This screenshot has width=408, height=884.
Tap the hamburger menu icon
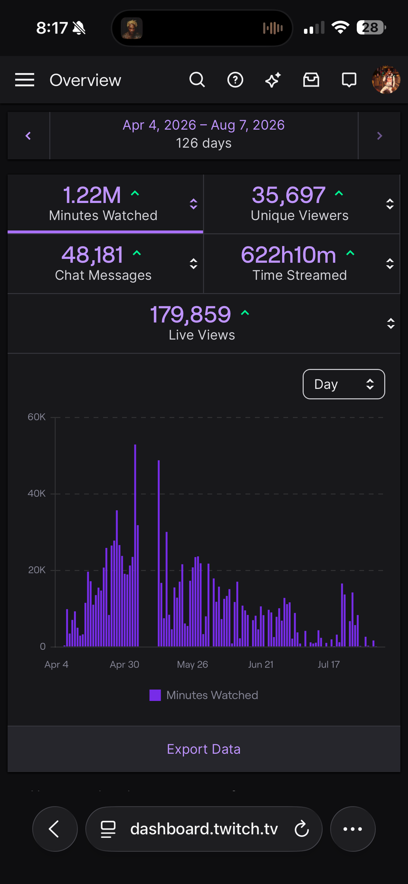25,80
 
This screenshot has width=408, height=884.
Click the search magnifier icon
197,80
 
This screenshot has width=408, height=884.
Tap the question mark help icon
235,80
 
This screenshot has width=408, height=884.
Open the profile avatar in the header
386,80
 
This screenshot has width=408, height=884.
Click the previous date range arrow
28,136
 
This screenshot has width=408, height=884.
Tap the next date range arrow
380,136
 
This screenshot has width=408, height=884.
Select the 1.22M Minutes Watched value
92,195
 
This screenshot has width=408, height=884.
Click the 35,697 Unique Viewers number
288,195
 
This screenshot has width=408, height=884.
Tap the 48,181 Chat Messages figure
92,255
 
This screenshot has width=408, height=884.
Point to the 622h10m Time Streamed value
288,255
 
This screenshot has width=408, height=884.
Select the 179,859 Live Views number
191,314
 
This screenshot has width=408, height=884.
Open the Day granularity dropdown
344,384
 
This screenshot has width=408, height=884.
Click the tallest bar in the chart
135,545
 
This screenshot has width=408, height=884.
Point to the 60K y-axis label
36,417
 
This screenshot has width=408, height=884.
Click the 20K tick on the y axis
37,570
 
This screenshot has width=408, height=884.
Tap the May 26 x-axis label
192,664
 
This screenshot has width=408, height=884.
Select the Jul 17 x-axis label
329,664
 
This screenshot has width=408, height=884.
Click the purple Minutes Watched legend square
155,695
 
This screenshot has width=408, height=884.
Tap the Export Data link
204,749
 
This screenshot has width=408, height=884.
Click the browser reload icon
302,829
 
